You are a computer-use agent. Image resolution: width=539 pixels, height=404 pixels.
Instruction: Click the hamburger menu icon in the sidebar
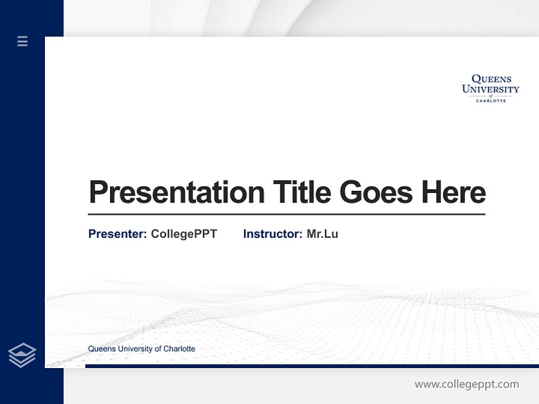point(22,41)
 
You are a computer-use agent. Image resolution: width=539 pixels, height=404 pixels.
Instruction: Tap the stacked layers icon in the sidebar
point(22,355)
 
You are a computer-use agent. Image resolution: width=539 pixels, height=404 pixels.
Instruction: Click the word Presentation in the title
point(176,192)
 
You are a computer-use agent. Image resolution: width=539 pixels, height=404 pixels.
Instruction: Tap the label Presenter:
point(117,234)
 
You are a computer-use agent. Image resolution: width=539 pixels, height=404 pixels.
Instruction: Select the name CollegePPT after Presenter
point(184,234)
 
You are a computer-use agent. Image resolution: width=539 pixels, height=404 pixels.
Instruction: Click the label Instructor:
point(272,234)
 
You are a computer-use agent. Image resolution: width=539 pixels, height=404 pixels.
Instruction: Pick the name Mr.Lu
point(322,234)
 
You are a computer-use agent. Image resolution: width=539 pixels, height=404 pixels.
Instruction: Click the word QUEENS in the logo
point(491,80)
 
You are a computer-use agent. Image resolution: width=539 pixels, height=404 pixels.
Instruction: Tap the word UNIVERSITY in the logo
point(490,89)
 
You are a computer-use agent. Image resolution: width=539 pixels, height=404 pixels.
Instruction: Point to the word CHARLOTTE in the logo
point(491,101)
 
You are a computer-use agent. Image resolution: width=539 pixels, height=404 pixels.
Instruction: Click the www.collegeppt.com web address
point(467,384)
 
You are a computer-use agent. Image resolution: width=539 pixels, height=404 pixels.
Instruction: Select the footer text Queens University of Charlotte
point(141,348)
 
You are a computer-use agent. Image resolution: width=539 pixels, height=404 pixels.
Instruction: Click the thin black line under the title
point(286,214)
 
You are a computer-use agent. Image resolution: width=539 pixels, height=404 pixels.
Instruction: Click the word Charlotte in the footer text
point(179,348)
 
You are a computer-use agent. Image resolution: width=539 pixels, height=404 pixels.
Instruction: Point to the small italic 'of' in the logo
point(491,95)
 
